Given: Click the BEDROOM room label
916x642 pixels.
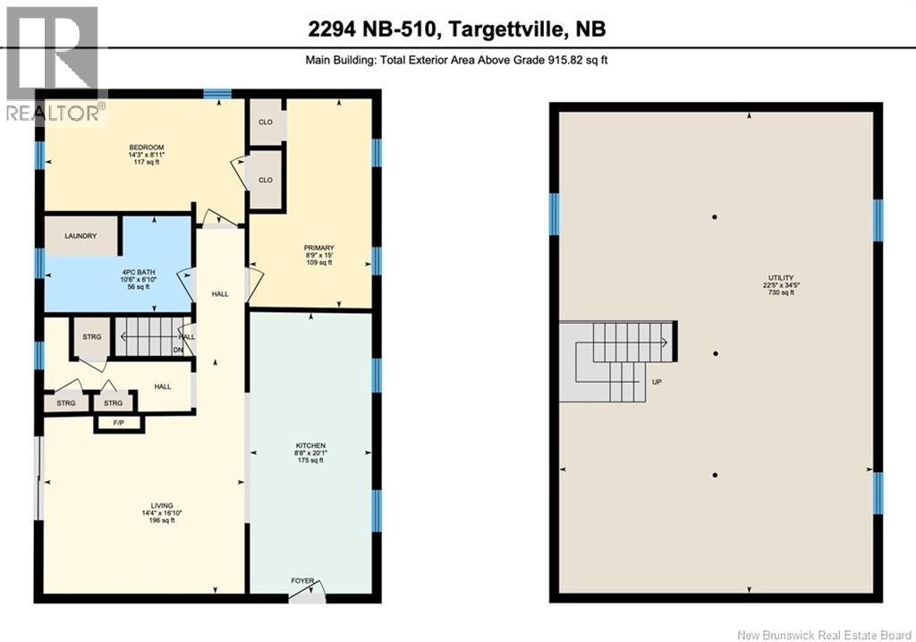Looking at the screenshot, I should coord(146,148).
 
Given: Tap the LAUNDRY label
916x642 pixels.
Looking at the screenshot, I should coord(81,237).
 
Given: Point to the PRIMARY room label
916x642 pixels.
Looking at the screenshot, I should coord(318,248).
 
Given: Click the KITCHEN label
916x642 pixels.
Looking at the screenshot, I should coord(310,445).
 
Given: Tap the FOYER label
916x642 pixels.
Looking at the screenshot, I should coord(302,581).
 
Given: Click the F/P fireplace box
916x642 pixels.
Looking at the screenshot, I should coord(118,422).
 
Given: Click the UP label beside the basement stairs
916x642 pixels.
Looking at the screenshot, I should coord(657,382).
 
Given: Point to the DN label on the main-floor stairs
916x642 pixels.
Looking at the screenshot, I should coord(177,350).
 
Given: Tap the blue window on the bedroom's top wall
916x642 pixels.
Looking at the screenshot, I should coord(216,93).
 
